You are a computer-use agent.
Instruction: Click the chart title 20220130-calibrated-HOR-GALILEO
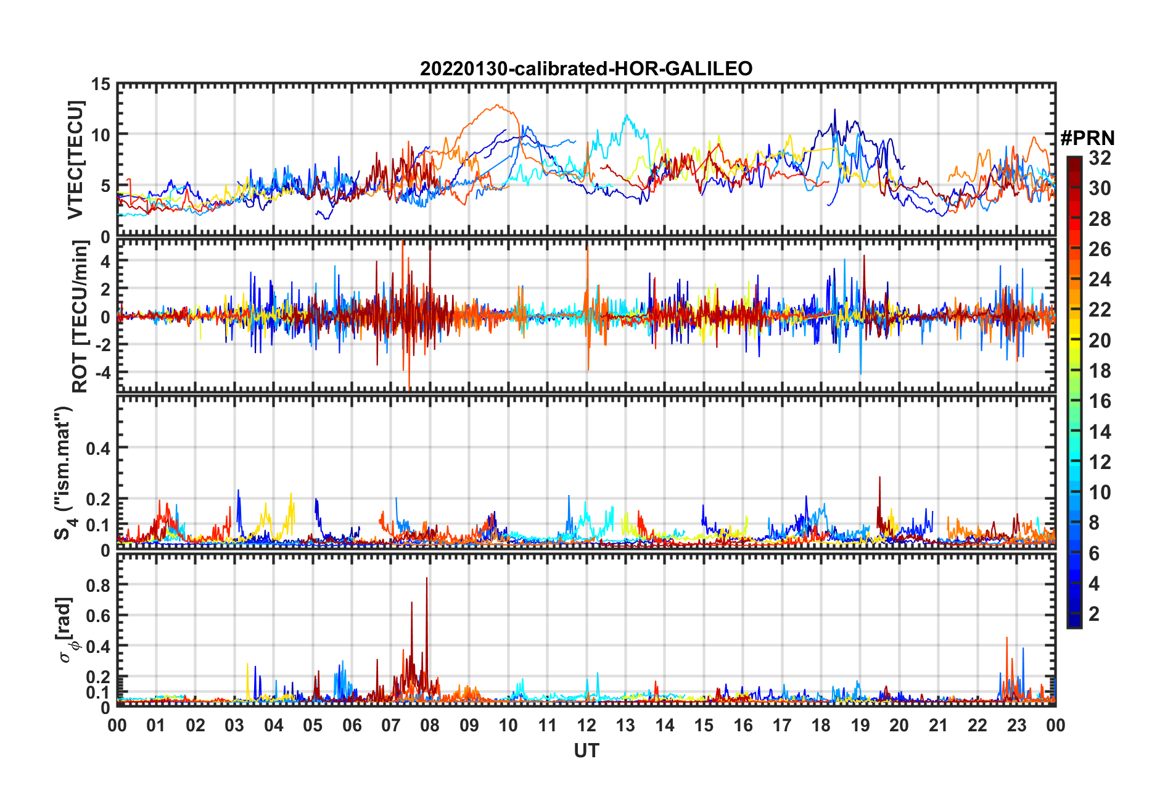tap(586, 69)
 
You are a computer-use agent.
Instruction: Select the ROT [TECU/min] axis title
tap(80, 317)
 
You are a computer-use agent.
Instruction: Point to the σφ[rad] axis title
tap(66, 630)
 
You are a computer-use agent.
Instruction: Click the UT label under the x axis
tap(586, 750)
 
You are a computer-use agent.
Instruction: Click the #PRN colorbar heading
tap(1087, 138)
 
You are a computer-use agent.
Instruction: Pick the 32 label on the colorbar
tap(1100, 158)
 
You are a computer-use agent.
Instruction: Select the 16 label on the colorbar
tap(1100, 401)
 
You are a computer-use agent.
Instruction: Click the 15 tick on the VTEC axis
tap(101, 84)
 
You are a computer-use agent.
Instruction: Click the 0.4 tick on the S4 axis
tap(97, 448)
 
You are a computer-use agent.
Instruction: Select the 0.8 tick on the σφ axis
tap(97, 584)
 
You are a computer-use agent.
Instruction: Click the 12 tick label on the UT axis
tap(586, 725)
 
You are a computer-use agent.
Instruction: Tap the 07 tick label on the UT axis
tap(391, 725)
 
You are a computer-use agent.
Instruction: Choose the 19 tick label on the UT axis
tap(860, 725)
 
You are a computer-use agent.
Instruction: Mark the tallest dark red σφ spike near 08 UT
tap(426, 579)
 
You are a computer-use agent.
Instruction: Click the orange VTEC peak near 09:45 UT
tap(497, 106)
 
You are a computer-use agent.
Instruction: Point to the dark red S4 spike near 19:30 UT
tap(879, 478)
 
